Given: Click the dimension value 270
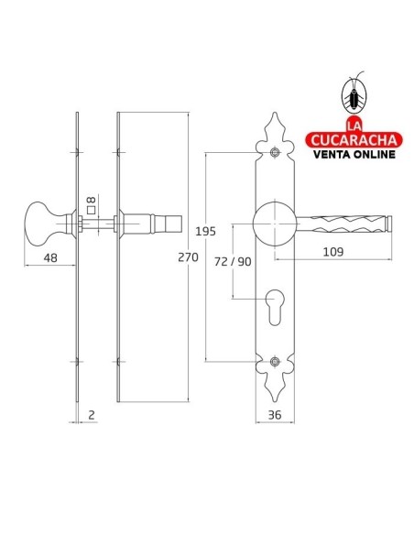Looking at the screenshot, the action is click(188, 257).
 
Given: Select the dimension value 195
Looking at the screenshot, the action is click(206, 232).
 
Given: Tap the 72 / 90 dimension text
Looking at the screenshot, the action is click(233, 261).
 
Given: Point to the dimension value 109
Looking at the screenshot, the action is click(333, 252).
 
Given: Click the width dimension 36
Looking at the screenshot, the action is click(275, 415).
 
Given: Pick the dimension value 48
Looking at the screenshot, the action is click(50, 257).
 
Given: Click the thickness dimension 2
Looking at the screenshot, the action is click(91, 415).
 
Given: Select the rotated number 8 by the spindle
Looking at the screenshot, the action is click(91, 200).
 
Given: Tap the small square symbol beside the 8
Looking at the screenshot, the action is click(91, 210).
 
